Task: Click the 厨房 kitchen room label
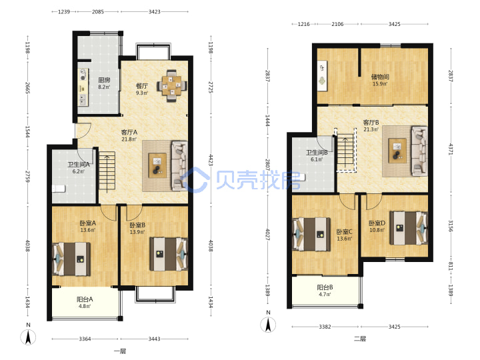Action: pyautogui.click(x=104, y=80)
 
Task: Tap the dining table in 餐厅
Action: pyautogui.click(x=172, y=86)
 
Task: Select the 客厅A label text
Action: pyautogui.click(x=129, y=132)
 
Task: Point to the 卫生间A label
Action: pyautogui.click(x=79, y=165)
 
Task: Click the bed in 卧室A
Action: pyautogui.click(x=71, y=259)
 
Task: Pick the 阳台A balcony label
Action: pyautogui.click(x=85, y=299)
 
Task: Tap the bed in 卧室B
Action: pyautogui.click(x=169, y=254)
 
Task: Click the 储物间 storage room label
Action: pyautogui.click(x=380, y=77)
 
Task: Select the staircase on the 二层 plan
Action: pyautogui.click(x=345, y=150)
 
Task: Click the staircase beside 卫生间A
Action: pyautogui.click(x=107, y=172)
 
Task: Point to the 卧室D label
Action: pyautogui.click(x=377, y=223)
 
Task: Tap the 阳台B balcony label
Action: pyautogui.click(x=325, y=287)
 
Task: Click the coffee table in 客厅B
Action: pyautogui.click(x=397, y=151)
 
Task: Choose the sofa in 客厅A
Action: pyautogui.click(x=179, y=165)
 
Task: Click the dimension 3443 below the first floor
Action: pyautogui.click(x=154, y=339)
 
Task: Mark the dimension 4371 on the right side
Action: pyautogui.click(x=451, y=149)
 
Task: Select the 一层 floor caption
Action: pyautogui.click(x=120, y=351)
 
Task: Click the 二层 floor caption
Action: pyautogui.click(x=360, y=339)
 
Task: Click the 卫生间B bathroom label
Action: pyautogui.click(x=317, y=153)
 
